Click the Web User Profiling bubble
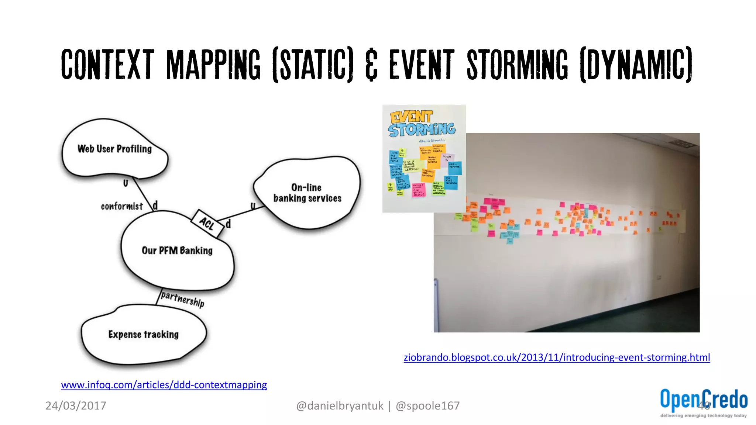click(x=114, y=149)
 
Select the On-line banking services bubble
click(x=307, y=193)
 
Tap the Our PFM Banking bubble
click(x=177, y=251)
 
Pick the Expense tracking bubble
click(x=143, y=335)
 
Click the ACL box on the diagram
click(x=207, y=223)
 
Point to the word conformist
click(x=121, y=206)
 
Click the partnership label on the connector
click(x=182, y=299)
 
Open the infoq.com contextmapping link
click(x=164, y=385)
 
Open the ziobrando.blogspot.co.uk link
click(x=557, y=357)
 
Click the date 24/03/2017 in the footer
click(x=76, y=406)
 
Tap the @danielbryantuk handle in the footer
click(x=340, y=406)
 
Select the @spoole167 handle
click(x=427, y=406)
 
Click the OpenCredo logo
click(x=704, y=400)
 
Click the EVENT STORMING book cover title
click(x=422, y=124)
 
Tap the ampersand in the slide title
click(x=371, y=66)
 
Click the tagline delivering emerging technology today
click(x=703, y=416)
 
